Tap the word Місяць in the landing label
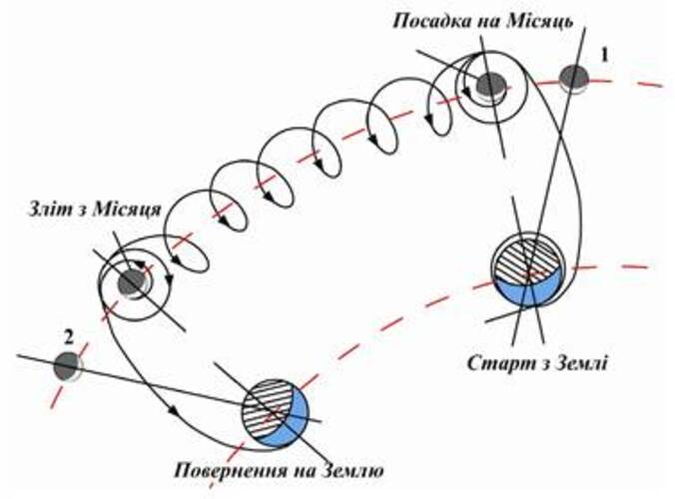[x=538, y=21]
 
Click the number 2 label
[x=69, y=336]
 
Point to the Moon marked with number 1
[x=575, y=77]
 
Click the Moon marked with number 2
[x=66, y=366]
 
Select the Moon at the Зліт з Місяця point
[x=132, y=284]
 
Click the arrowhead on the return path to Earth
[x=176, y=410]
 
